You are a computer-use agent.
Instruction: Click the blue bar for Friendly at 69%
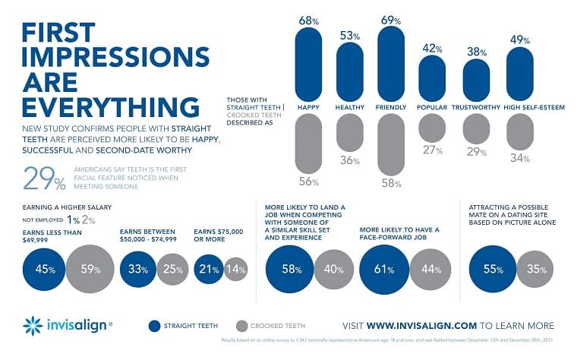click(390, 64)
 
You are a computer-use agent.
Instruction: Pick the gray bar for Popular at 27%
click(432, 128)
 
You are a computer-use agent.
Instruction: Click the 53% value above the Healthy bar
click(348, 35)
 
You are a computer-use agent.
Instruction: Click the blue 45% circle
click(44, 267)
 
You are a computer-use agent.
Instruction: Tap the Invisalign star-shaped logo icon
click(33, 326)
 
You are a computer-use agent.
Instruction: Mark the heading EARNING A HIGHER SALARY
click(68, 206)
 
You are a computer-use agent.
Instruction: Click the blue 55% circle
click(490, 267)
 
